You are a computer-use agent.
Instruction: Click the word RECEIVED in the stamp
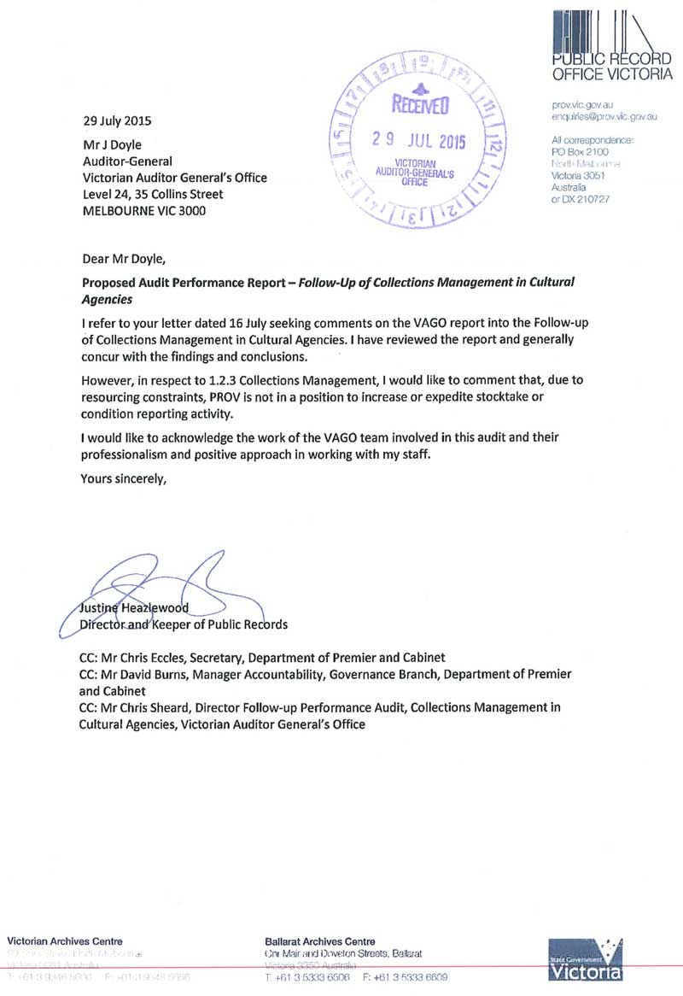[x=419, y=106]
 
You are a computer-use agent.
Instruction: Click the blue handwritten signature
[x=154, y=589]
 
